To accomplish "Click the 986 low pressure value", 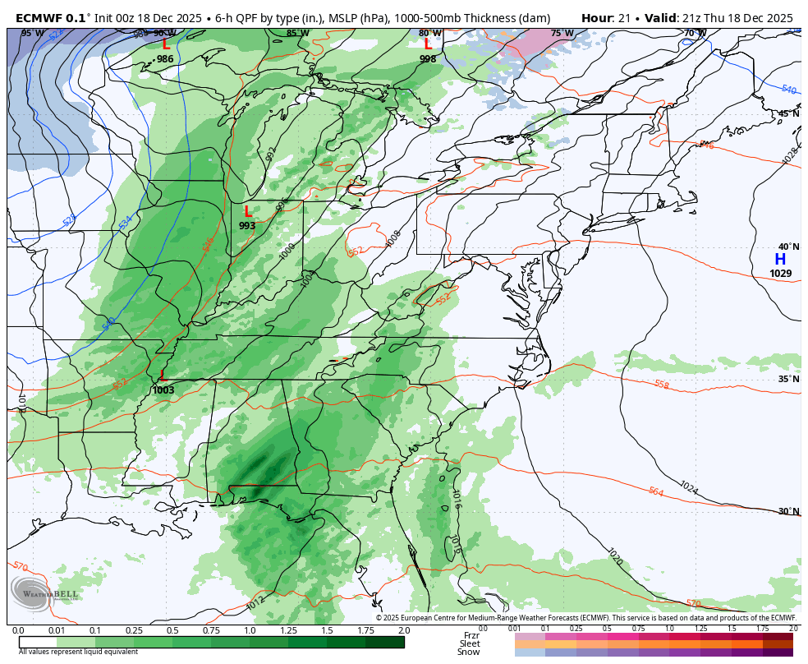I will pyautogui.click(x=165, y=59).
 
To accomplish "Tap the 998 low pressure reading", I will pyautogui.click(x=428, y=59).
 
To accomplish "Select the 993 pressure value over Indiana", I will pyautogui.click(x=247, y=226).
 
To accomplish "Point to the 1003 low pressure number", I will pyautogui.click(x=163, y=390).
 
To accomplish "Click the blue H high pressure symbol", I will pyautogui.click(x=780, y=260).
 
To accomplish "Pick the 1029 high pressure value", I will pyautogui.click(x=781, y=274).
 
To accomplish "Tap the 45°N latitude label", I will pyautogui.click(x=788, y=114).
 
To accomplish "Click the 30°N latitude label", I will pyautogui.click(x=788, y=511).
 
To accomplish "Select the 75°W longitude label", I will pyautogui.click(x=562, y=34).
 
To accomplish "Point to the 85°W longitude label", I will pyautogui.click(x=297, y=34).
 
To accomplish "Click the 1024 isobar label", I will pyautogui.click(x=688, y=487).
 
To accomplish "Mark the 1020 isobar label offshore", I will pyautogui.click(x=615, y=556).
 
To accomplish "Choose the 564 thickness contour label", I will pyautogui.click(x=655, y=491).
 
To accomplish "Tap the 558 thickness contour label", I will pyautogui.click(x=662, y=385).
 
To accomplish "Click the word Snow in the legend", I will pyautogui.click(x=469, y=652).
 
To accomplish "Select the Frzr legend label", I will pyautogui.click(x=471, y=635).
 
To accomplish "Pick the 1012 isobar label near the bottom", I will pyautogui.click(x=255, y=603).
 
